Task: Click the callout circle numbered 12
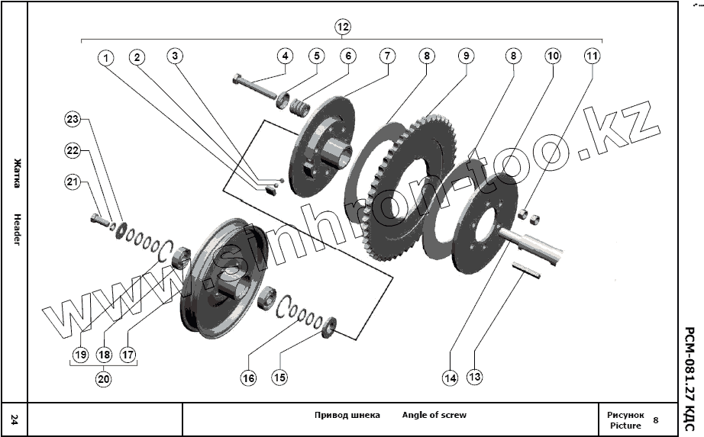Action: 343,27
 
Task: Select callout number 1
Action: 105,58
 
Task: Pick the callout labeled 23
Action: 73,119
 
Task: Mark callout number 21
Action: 73,182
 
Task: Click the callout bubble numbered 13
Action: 476,377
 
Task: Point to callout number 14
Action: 450,377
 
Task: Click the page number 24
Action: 15,419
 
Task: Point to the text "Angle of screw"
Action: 434,415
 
